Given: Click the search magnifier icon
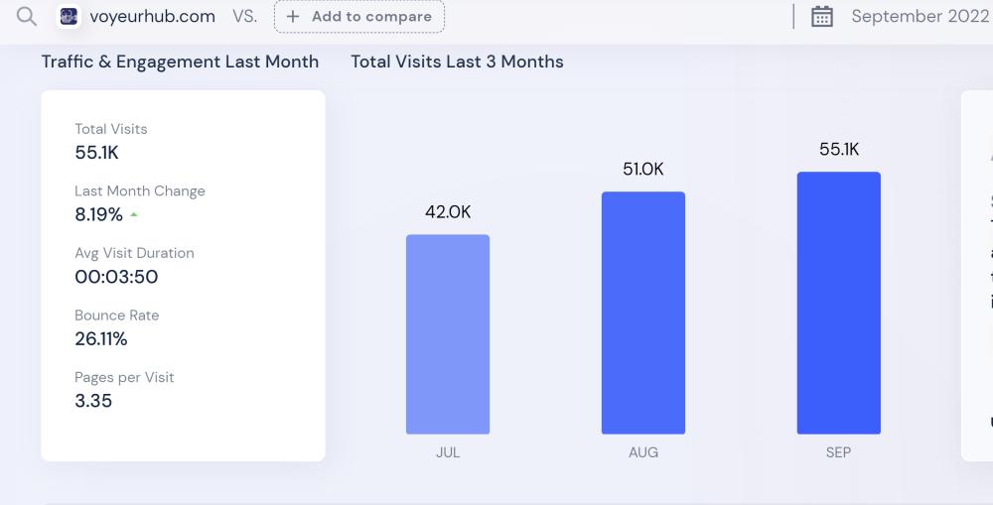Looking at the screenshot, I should click(27, 16).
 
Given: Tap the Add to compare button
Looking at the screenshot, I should click(359, 17).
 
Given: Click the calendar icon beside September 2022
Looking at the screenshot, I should click(822, 17).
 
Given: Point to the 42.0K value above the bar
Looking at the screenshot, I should click(448, 211).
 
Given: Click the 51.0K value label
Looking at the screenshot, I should click(643, 170).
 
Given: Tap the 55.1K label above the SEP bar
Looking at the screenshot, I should click(839, 150).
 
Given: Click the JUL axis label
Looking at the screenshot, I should click(448, 452).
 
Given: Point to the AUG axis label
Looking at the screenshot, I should click(643, 452).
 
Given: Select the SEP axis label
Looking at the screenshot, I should click(839, 452).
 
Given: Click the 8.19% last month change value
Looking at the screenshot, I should click(99, 214).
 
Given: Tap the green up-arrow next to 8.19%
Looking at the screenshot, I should click(134, 214).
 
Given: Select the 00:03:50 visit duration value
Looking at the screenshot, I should click(116, 277).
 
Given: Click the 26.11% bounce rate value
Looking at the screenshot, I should click(101, 339).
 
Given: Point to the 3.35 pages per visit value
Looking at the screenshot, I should click(93, 401).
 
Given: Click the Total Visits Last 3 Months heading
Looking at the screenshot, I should click(457, 62).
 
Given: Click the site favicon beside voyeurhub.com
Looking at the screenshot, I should click(69, 16).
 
